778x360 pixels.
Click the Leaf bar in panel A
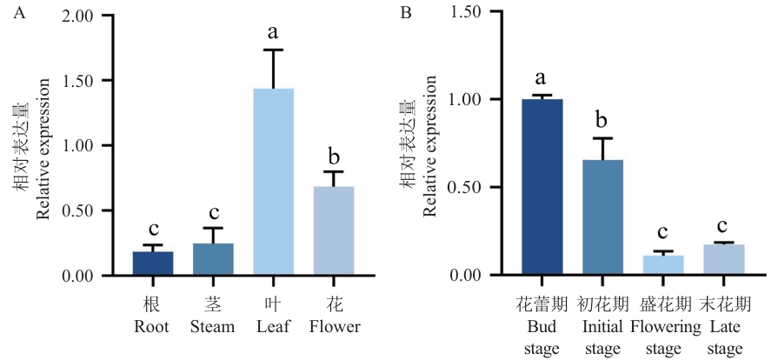pyautogui.click(x=273, y=183)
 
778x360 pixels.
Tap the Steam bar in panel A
pyautogui.click(x=212, y=260)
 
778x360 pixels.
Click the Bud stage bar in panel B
pyautogui.click(x=542, y=187)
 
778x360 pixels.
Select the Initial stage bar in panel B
pyautogui.click(x=602, y=217)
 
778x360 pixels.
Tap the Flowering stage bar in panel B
pyautogui.click(x=663, y=265)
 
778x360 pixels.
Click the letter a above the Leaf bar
pyautogui.click(x=273, y=33)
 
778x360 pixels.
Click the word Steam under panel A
pyautogui.click(x=212, y=327)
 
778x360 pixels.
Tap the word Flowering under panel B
pyautogui.click(x=663, y=327)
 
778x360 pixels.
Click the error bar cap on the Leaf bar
pyautogui.click(x=273, y=50)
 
